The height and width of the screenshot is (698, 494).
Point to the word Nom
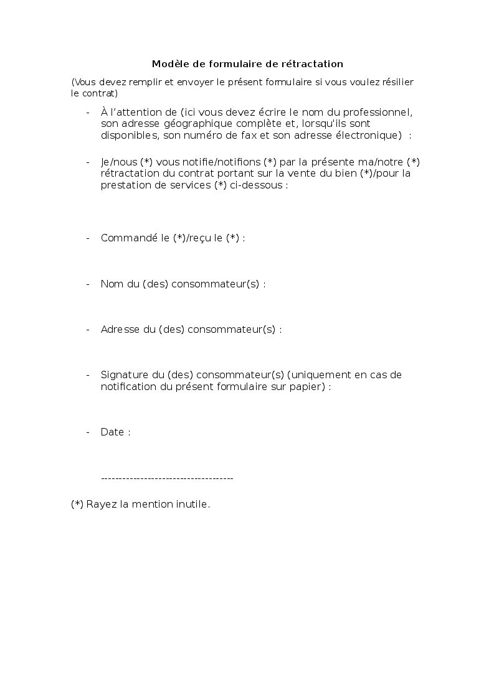(112, 284)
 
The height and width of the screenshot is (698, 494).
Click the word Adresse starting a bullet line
(120, 330)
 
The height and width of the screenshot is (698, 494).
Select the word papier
(309, 386)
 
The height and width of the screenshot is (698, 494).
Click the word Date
(112, 432)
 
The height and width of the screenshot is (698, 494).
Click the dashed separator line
(166, 478)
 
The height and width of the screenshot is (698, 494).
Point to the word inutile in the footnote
(190, 505)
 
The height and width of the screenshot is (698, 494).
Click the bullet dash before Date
(88, 432)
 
